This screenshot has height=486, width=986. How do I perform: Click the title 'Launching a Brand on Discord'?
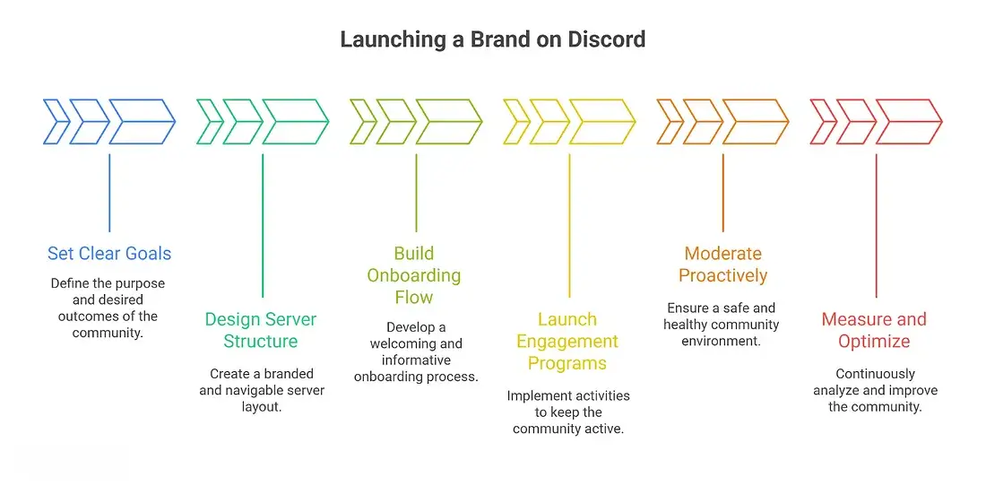492,40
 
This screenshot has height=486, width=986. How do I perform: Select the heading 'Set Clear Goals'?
109,254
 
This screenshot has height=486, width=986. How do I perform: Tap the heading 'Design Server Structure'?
261,330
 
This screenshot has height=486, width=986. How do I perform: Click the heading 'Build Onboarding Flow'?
414,275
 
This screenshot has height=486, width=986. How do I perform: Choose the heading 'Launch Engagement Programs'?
567,342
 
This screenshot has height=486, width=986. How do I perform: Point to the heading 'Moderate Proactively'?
722,265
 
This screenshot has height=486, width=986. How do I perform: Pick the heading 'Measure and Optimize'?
874,330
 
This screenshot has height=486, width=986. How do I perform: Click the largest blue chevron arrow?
142,121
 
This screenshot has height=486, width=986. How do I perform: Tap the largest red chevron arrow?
908,121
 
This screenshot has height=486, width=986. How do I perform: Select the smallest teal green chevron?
210,121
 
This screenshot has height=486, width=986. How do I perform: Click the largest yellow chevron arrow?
601,121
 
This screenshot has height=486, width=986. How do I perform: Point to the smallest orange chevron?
670,121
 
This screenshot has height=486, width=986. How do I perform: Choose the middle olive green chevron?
395,121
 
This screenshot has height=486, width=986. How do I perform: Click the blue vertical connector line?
109,193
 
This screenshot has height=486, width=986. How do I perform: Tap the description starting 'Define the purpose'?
109,308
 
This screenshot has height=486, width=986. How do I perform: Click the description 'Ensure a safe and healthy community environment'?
722,325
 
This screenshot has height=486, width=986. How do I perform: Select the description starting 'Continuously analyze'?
875,390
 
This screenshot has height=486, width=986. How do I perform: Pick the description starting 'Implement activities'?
568,412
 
